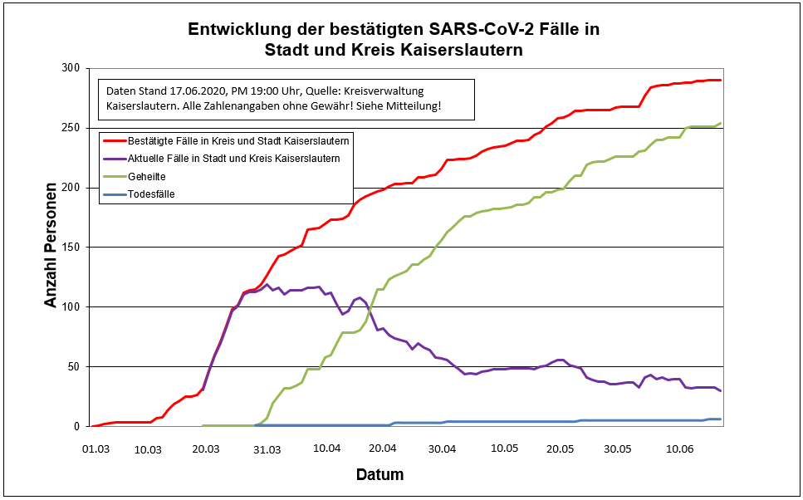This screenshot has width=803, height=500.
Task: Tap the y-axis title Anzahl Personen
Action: [51, 247]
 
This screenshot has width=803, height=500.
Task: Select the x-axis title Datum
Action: [379, 475]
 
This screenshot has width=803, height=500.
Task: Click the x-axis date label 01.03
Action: [96, 449]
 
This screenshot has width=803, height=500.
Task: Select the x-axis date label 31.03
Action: [267, 449]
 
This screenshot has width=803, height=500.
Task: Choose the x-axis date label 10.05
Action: [504, 449]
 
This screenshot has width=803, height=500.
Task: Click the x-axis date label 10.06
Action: [680, 449]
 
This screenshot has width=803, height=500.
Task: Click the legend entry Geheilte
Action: [146, 176]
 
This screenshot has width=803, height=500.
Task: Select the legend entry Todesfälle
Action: [151, 194]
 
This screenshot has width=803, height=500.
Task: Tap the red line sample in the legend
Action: [113, 139]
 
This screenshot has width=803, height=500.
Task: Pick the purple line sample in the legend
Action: [113, 158]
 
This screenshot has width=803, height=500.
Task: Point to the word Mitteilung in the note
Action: [413, 107]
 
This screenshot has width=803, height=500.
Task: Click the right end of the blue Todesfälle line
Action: [720, 419]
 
